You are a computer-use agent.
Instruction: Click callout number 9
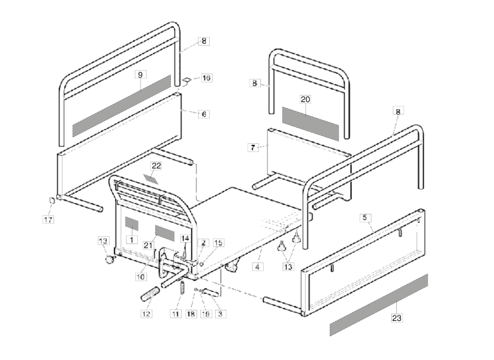pyautogui.click(x=140, y=75)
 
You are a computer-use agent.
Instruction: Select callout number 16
pyautogui.click(x=206, y=78)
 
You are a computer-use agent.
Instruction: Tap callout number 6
pyautogui.click(x=204, y=114)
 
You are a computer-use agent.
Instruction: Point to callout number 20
pyautogui.click(x=305, y=99)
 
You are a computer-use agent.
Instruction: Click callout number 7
pyautogui.click(x=253, y=147)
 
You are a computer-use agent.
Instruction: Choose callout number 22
pyautogui.click(x=156, y=166)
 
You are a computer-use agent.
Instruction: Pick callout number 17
pyautogui.click(x=48, y=220)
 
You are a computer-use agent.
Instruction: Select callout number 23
pyautogui.click(x=397, y=319)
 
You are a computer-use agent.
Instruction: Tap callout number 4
pyautogui.click(x=258, y=267)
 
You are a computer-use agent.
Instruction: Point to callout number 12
pyautogui.click(x=146, y=314)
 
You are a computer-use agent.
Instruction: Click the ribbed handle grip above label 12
pyautogui.click(x=150, y=294)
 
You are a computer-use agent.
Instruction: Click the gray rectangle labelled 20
pyautogui.click(x=311, y=124)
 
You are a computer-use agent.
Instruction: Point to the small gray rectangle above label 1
pyautogui.click(x=131, y=224)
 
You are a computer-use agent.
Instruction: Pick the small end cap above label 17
pyautogui.click(x=50, y=201)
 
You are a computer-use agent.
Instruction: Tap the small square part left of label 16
pyautogui.click(x=187, y=80)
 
